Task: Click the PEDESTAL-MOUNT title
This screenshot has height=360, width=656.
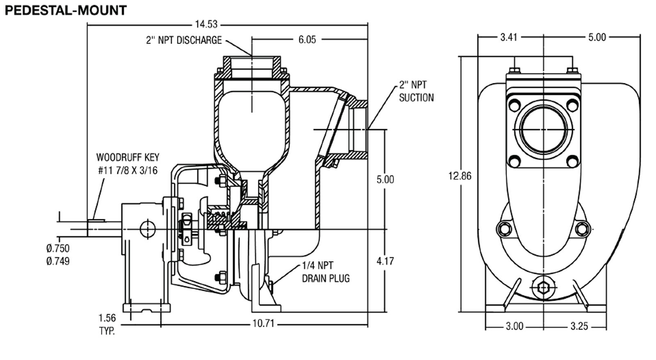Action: click(66, 11)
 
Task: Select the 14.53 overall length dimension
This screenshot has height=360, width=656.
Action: click(206, 24)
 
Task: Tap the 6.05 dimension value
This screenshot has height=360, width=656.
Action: click(307, 39)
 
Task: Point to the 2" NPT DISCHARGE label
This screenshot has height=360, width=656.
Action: click(184, 40)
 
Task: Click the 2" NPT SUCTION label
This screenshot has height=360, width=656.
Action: click(416, 91)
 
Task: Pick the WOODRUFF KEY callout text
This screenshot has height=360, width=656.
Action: click(128, 164)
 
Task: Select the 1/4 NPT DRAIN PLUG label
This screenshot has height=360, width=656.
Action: click(326, 272)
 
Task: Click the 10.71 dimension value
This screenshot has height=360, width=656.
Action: click(263, 324)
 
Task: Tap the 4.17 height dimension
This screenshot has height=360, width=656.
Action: click(385, 261)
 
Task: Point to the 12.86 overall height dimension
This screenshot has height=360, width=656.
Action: click(460, 176)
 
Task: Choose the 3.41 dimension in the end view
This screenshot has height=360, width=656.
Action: click(509, 37)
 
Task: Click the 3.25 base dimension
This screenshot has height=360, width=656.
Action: click(579, 326)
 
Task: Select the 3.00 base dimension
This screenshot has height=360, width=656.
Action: click(515, 326)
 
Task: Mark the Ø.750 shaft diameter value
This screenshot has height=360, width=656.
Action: click(58, 248)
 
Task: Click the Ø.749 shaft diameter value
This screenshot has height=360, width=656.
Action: click(58, 261)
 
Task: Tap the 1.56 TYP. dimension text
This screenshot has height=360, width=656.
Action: click(107, 324)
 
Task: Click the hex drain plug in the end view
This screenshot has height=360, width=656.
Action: click(544, 288)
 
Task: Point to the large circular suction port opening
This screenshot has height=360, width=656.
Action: click(544, 130)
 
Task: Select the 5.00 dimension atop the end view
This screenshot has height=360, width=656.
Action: click(597, 37)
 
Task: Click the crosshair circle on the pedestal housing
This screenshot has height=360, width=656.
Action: click(148, 229)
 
